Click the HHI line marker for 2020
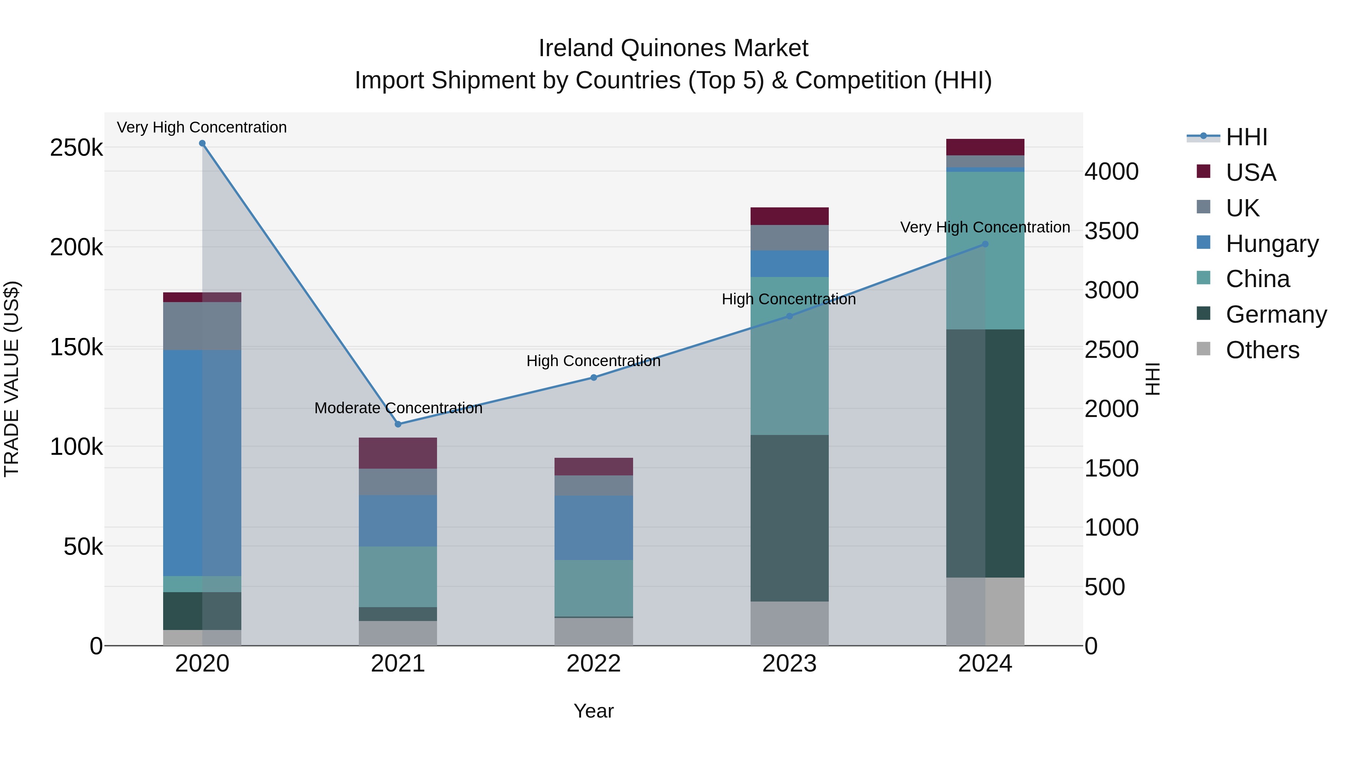202,143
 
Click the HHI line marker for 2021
398,424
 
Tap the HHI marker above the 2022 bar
593,378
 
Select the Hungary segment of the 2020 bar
202,463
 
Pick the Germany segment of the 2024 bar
985,454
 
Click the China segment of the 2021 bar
398,576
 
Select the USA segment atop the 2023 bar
789,216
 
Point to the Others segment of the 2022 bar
593,632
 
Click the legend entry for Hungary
1272,244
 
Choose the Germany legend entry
1276,314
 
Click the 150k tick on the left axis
76,347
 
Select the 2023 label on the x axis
789,664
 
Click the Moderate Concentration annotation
398,408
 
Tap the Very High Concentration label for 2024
985,228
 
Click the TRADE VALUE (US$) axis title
12,379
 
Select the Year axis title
593,711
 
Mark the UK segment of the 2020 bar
202,326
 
